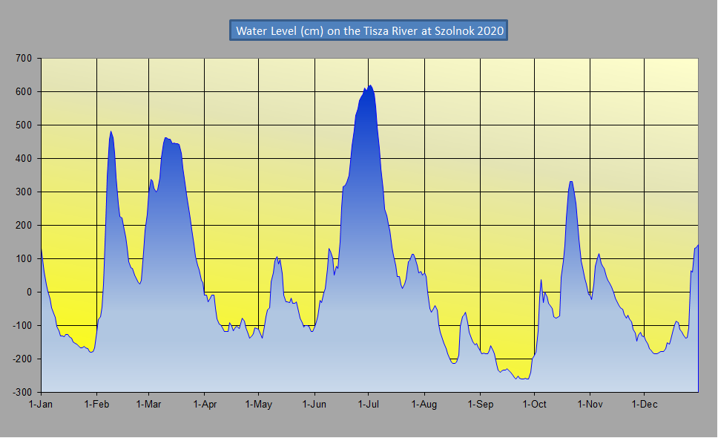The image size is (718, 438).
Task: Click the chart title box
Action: pos(369,30)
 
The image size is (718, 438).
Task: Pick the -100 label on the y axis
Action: pos(25,325)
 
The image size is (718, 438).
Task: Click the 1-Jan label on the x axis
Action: pos(41,405)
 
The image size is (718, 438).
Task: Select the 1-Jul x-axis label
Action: pos(369,405)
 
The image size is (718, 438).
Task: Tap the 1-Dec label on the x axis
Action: pos(644,405)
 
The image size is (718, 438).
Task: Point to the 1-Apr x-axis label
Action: pos(204,405)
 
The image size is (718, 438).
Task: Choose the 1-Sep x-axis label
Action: pos(481,405)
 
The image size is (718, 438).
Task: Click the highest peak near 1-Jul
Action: pos(370,85)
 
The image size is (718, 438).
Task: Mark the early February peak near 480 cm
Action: pos(111,131)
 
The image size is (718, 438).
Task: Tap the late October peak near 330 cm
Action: pos(570,181)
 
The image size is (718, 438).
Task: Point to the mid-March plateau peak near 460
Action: pos(166,137)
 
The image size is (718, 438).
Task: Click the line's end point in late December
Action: pos(698,245)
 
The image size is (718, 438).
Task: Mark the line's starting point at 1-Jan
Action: pos(42,248)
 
